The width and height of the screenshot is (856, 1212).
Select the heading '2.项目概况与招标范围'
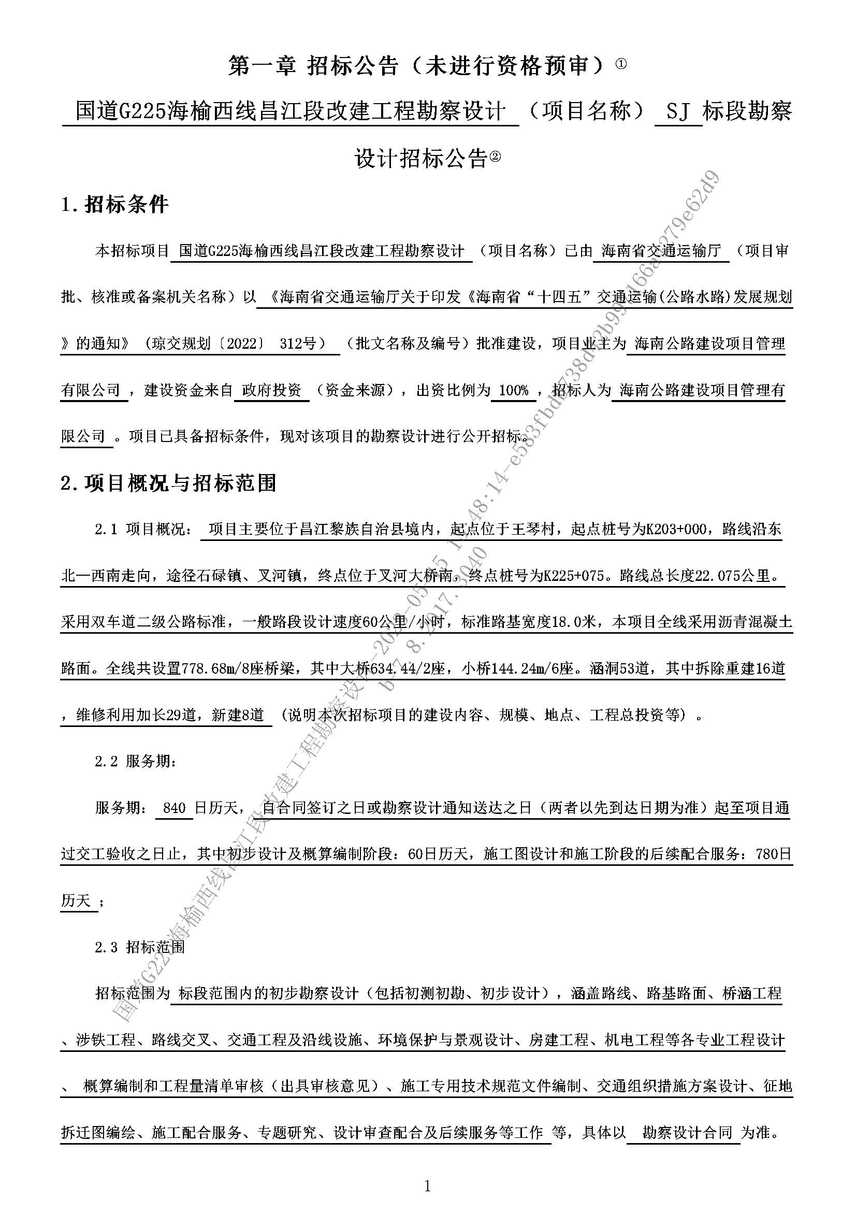(x=169, y=482)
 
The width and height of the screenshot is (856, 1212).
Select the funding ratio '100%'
(x=513, y=390)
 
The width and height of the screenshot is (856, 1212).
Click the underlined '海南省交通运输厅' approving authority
(x=661, y=251)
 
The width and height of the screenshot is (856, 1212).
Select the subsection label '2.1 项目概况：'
(x=144, y=529)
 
